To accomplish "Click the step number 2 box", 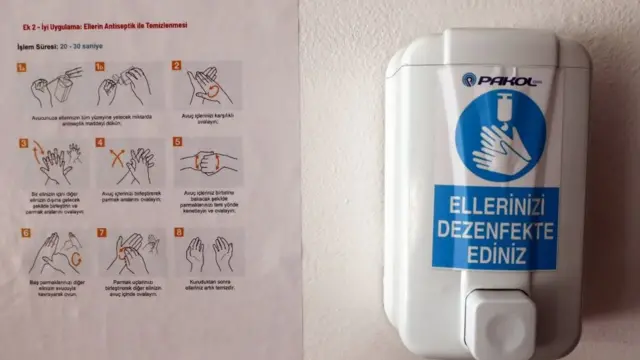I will tap(177, 67).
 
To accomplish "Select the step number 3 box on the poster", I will tap(23, 144).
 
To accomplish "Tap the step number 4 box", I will tap(101, 143).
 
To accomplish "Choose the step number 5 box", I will tap(177, 143).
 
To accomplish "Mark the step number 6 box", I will tap(25, 234).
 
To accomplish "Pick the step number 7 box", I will tap(102, 234).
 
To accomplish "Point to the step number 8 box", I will tap(178, 234).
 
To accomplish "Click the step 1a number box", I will tap(24, 68).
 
